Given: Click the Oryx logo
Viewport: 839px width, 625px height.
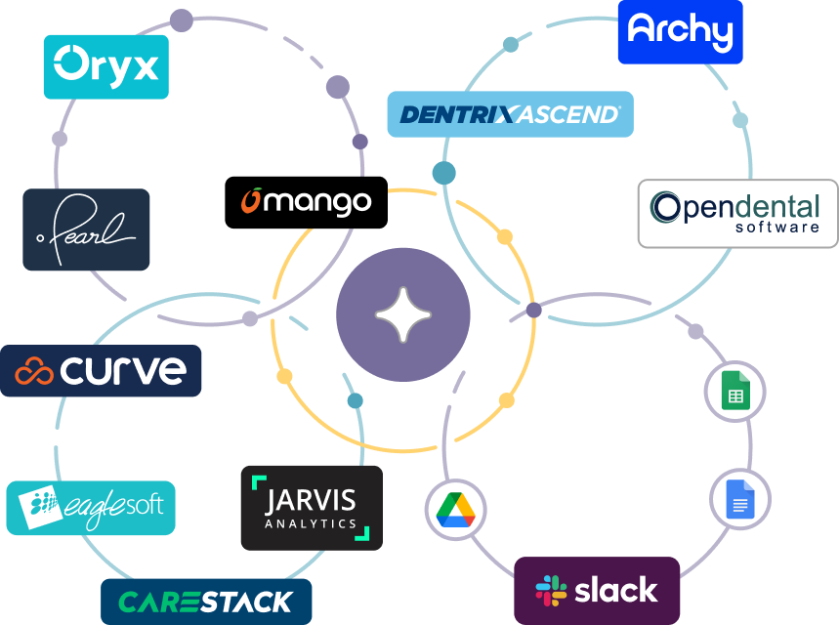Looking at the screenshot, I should pos(105,66).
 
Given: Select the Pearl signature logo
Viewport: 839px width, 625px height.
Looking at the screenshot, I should pos(86,229).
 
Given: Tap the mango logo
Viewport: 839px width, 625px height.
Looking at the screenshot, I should pos(307,201).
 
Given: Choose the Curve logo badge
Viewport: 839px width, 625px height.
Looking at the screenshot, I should pos(101,371).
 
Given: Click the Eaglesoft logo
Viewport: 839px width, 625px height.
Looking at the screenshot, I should pos(91,508).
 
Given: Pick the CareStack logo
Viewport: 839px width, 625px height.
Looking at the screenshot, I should pos(206,602).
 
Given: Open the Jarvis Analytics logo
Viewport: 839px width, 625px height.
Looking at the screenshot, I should pos(312,508).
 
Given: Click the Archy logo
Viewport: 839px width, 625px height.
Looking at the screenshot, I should pos(680,31).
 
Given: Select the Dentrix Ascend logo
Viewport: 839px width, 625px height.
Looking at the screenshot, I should pos(510,114).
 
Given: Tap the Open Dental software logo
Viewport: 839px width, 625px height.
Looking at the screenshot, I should pos(737,213).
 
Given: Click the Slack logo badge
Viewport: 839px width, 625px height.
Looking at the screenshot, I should pos(597,590).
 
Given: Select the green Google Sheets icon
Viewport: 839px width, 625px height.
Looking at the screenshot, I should pos(734,391).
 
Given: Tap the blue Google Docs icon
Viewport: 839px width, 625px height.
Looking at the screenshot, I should pos(739,499).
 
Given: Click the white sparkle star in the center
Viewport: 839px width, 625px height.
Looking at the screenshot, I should pos(402,314).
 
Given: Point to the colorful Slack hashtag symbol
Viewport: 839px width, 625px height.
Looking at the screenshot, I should pos(551,591).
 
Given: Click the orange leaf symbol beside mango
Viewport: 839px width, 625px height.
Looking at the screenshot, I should pos(251,200).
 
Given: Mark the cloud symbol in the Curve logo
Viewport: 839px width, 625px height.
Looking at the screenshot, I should pos(35,372).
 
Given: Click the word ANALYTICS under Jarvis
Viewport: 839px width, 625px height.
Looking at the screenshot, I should pos(311,524).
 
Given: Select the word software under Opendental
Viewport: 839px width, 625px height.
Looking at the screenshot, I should pos(776,227).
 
